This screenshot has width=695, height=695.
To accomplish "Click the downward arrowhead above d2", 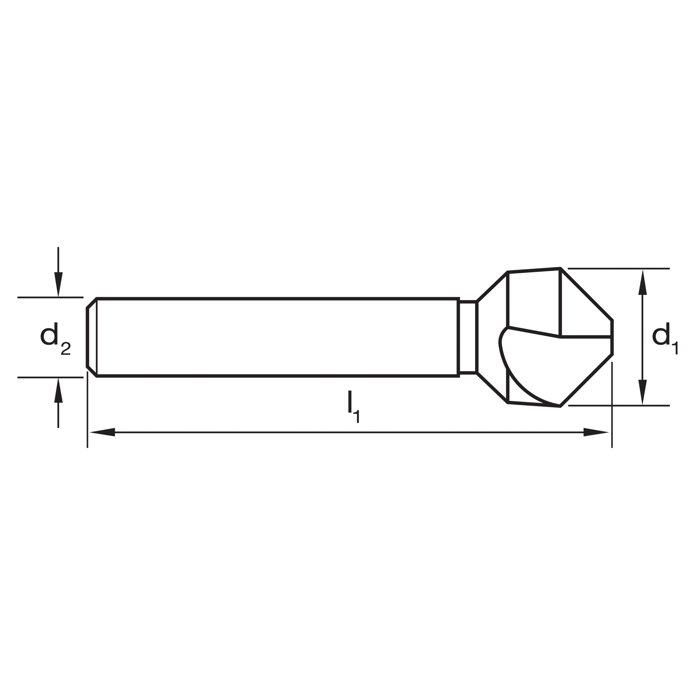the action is pos(58,284).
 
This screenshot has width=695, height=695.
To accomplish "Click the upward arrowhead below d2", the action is pos(58,390).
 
